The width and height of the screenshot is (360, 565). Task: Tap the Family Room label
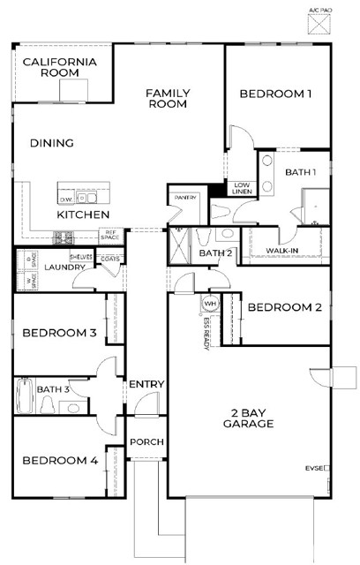tap(168, 98)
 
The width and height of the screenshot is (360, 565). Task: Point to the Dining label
tap(51, 143)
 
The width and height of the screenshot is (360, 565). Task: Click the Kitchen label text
tap(83, 215)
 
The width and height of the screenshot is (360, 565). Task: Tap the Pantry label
tap(185, 198)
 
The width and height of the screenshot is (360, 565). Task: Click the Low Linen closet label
tap(242, 188)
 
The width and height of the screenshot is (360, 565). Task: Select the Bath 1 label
tap(301, 172)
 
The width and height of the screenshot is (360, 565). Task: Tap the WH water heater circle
tap(209, 303)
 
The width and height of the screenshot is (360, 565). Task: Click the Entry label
tap(146, 385)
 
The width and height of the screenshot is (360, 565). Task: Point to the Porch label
tap(146, 441)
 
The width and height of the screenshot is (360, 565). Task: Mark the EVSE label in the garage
tap(315, 467)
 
